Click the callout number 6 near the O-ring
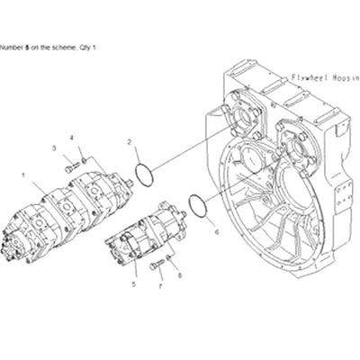click(216, 231)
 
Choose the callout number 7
click(160, 286)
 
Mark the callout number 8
click(179, 276)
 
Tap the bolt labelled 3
click(69, 166)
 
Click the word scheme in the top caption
click(63, 45)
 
